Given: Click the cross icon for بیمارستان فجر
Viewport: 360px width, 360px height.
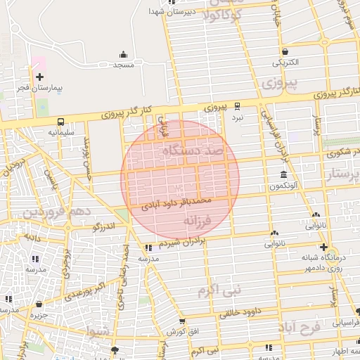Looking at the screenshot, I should click(x=39, y=77).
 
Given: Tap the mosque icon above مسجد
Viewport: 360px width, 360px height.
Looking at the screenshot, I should click(x=124, y=54).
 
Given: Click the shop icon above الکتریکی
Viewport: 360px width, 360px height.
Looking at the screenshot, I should click(x=285, y=51).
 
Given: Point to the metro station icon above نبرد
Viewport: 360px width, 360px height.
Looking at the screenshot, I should click(x=238, y=107).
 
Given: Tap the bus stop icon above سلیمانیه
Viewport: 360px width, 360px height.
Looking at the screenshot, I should click(x=61, y=121).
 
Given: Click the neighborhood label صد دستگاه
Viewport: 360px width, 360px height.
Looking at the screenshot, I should click(x=192, y=150).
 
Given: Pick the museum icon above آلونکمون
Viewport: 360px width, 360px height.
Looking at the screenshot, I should click(x=283, y=174).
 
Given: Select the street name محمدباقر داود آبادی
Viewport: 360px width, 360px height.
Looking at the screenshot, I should click(x=176, y=204).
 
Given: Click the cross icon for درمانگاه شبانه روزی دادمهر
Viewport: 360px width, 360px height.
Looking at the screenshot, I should click(x=323, y=247).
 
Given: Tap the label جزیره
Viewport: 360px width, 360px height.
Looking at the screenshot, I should click(x=38, y=315).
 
